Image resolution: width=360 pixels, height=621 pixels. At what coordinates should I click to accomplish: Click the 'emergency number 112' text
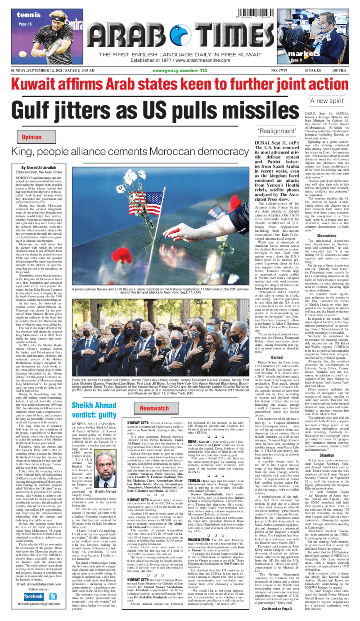180,70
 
